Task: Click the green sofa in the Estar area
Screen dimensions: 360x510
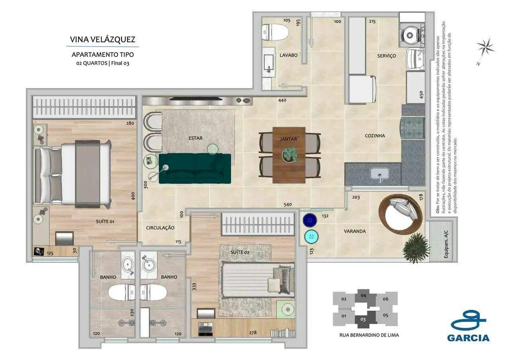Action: pos(195,168)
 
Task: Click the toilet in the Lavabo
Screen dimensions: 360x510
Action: pos(275,32)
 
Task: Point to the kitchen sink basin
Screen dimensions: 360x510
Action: pos(379,174)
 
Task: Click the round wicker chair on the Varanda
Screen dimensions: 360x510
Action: pos(400,214)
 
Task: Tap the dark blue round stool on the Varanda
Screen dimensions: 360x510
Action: pos(310,220)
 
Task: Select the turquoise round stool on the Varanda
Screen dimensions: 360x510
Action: pos(311,237)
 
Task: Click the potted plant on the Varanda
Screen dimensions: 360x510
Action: pos(416,248)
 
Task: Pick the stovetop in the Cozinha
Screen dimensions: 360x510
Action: pos(413,127)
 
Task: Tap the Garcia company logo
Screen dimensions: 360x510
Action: pos(468,326)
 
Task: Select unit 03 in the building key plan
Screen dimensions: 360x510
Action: pos(363,319)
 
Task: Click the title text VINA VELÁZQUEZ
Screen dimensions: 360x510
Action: pos(102,39)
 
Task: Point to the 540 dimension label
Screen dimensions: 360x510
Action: pos(288,205)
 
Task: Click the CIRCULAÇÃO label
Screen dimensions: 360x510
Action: pos(160,228)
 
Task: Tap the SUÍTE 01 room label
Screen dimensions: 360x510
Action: pos(105,221)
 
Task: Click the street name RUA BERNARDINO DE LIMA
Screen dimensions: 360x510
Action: pos(369,335)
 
